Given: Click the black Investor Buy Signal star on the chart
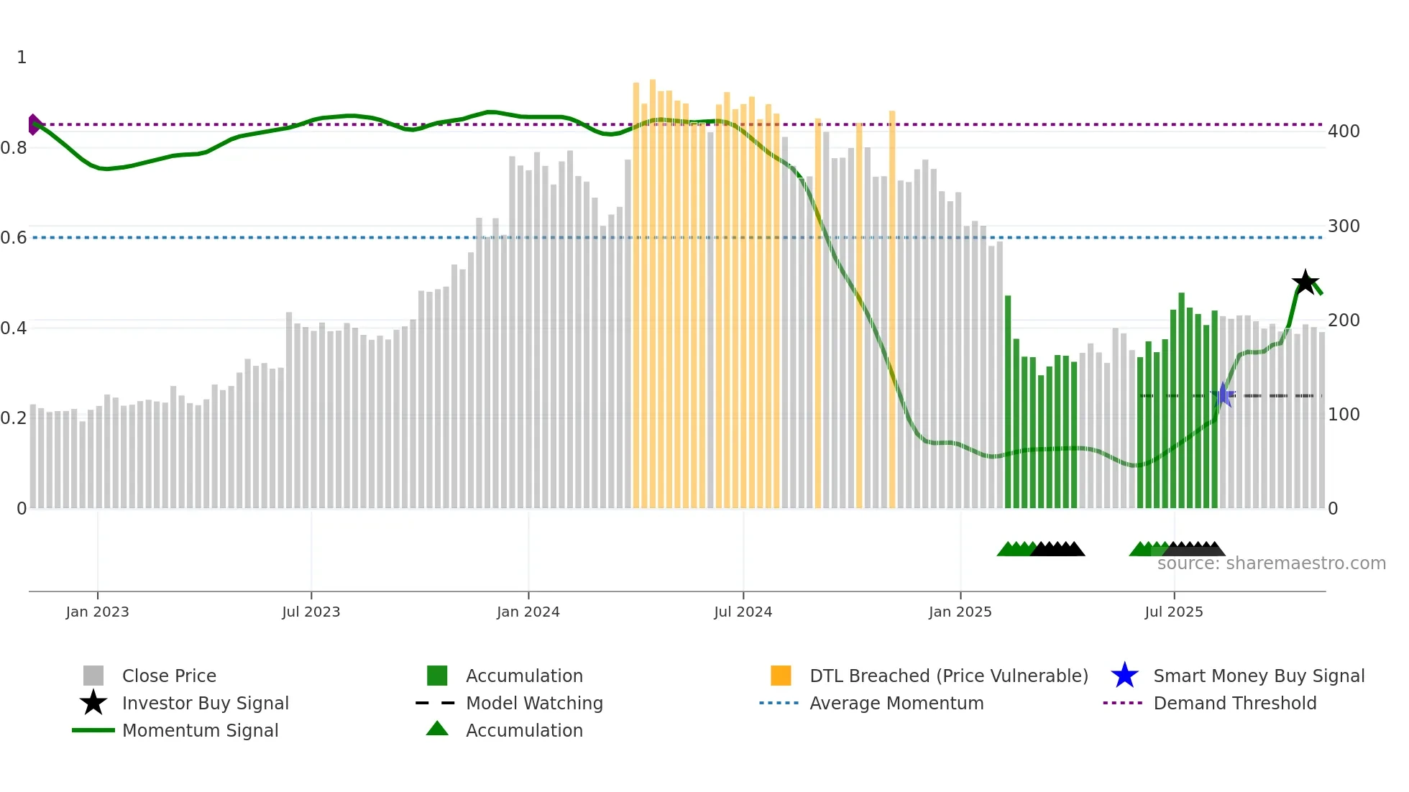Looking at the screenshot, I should point(1305,282).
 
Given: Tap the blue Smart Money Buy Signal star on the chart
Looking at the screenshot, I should point(1223,395).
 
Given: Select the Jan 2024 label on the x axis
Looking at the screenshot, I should point(528,612).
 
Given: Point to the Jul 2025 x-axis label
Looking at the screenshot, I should point(1173,612).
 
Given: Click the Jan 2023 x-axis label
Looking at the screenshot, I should point(97,612).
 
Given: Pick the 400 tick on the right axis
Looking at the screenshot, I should point(1343,132).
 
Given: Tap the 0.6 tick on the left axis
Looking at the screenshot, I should point(14,238).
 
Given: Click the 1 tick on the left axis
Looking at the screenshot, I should point(22,57).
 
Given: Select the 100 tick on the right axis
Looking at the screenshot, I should point(1343,415).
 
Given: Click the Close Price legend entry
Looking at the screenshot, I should point(169,676).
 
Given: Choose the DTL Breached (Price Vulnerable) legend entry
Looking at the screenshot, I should point(948,676).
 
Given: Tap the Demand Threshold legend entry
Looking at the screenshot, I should point(1234,703).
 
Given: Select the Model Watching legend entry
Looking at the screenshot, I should point(534,703).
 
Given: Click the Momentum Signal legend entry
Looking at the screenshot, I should point(200,730).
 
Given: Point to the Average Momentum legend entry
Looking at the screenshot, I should point(896,703).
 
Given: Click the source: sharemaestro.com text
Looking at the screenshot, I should point(1271,563).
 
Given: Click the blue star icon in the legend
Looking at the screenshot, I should point(1124,676).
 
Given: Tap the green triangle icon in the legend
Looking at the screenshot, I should point(437,729).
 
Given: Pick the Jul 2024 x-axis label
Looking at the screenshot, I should point(743,612).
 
